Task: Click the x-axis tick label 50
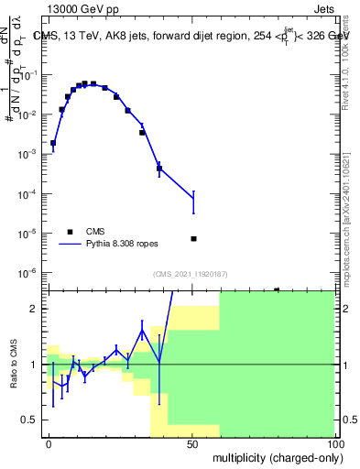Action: point(192,443)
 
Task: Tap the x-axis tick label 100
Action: point(334,443)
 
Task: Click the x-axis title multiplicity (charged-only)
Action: point(274,456)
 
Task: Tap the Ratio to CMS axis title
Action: point(15,365)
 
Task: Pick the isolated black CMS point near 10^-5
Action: point(193,239)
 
